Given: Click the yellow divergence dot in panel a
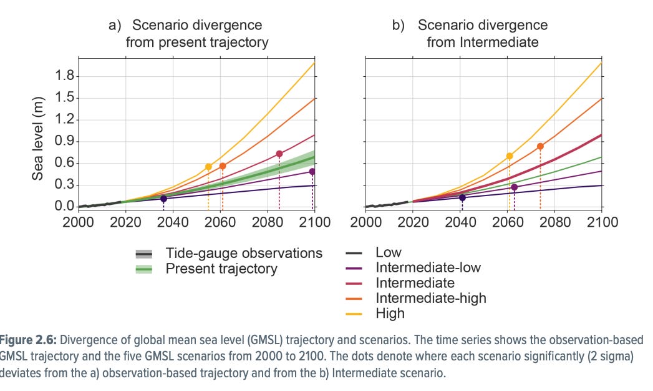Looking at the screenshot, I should [208, 167].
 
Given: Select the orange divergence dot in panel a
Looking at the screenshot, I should [223, 166].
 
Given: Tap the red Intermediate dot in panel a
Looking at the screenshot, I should [279, 154].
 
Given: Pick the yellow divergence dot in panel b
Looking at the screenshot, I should [510, 156].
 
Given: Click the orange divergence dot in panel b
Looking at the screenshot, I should [540, 146].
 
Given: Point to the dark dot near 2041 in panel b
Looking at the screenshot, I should [462, 197].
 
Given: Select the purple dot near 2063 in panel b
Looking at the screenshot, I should [515, 187].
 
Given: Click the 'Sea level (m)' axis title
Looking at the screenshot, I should [38, 138].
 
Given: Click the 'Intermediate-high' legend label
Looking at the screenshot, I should [430, 298].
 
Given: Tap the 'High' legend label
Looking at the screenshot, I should [390, 313].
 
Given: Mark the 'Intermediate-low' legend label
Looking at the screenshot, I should [428, 268].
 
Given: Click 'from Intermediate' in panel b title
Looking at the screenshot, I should [483, 43].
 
